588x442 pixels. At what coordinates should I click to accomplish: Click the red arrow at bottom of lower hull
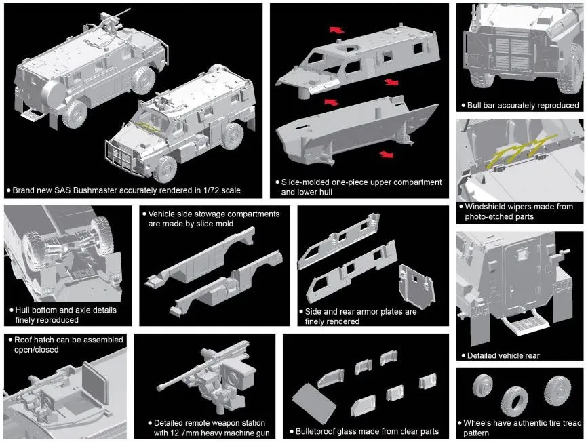point(386,154)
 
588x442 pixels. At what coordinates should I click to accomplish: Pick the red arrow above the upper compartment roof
point(336,30)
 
